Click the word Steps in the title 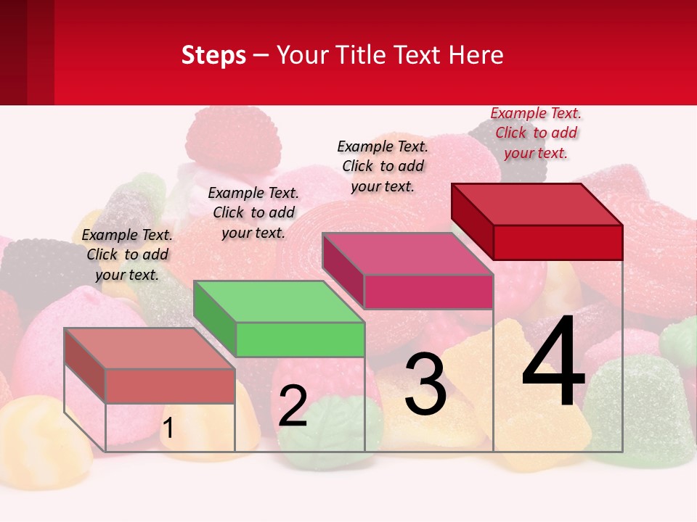[213, 55]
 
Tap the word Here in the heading [478, 55]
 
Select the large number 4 [553, 362]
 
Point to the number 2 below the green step [293, 407]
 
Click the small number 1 [168, 428]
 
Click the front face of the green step [300, 339]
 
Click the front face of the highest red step [558, 242]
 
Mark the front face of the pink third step [428, 291]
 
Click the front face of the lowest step [170, 386]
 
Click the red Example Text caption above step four [536, 133]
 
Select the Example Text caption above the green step [253, 212]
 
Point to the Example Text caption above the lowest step [127, 254]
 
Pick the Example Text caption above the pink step [383, 166]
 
